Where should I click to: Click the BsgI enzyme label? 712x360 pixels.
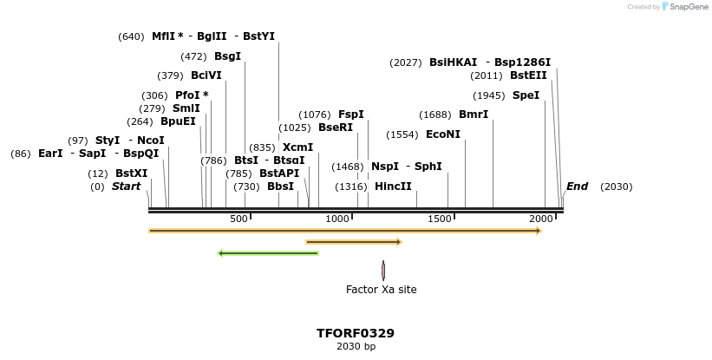[x=227, y=56]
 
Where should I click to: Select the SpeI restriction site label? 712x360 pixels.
[x=526, y=95]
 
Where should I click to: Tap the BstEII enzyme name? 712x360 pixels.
[x=528, y=75]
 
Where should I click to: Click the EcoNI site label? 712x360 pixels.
[x=443, y=134]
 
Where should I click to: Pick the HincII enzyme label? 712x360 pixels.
[x=393, y=187]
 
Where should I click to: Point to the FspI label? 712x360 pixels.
[x=350, y=115]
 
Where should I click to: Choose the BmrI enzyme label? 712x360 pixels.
[x=474, y=115]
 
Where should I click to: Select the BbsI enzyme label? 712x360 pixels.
[x=280, y=187]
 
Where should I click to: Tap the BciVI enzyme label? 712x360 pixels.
[x=206, y=75]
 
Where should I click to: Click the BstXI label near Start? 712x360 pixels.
[x=132, y=173]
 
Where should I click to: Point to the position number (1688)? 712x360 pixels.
[x=435, y=115]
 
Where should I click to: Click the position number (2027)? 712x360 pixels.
[x=406, y=62]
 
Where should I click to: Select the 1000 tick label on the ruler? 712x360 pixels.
[x=336, y=219]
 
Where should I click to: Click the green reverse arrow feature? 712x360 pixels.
[x=268, y=253]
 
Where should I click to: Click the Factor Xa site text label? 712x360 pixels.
[x=381, y=290]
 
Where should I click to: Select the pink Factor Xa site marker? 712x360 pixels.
[x=382, y=271]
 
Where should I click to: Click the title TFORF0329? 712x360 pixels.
[x=356, y=333]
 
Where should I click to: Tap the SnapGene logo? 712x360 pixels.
[x=684, y=7]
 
